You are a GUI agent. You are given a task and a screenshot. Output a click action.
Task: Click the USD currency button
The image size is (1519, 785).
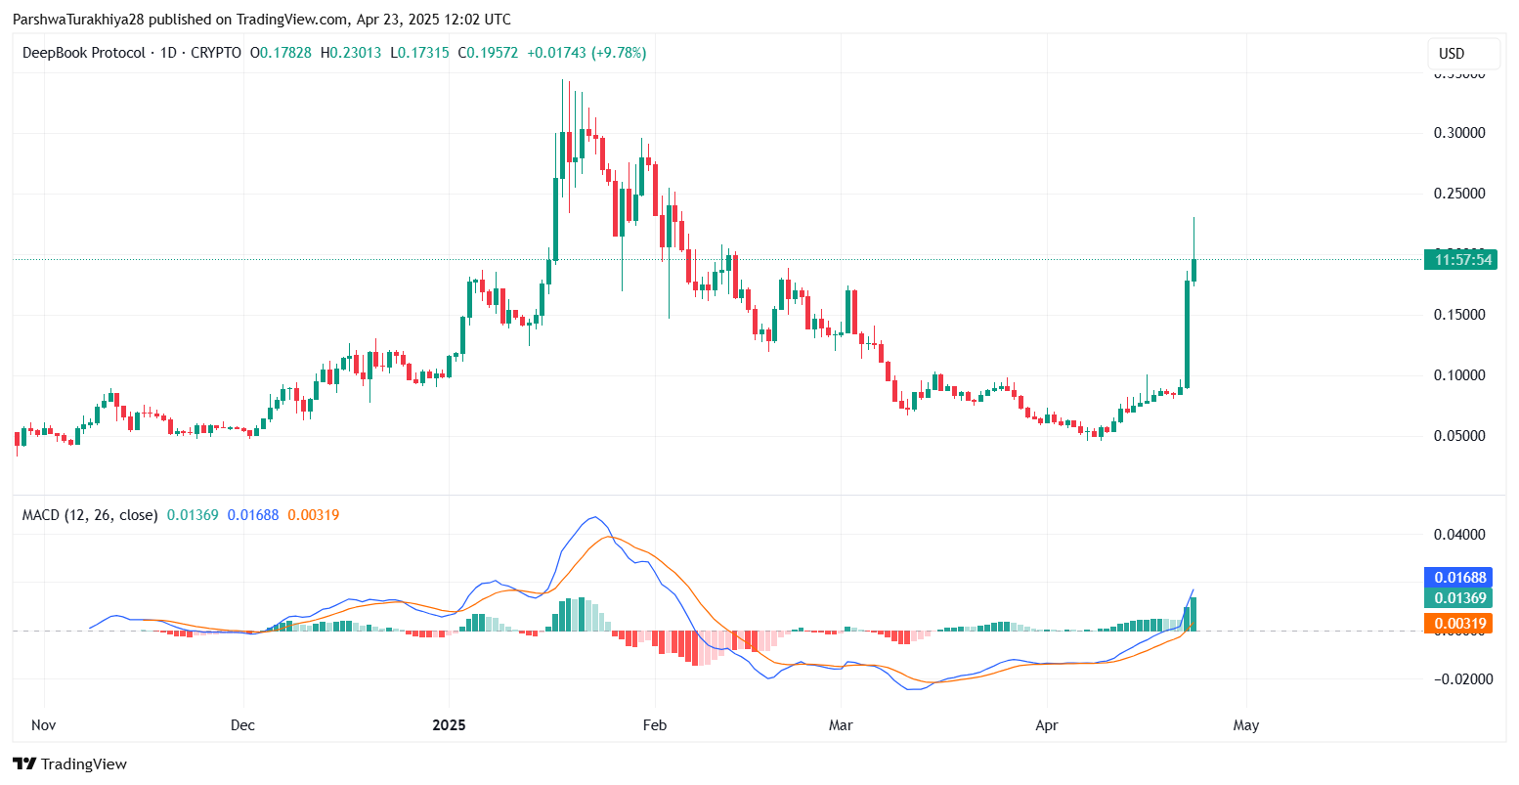coord(1463,53)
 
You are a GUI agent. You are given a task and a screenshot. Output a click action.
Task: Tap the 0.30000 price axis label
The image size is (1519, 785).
coord(1459,133)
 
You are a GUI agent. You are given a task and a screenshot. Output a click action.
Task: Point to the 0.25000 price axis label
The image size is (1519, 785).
coord(1459,194)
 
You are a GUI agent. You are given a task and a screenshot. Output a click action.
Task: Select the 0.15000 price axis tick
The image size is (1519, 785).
coord(1459,315)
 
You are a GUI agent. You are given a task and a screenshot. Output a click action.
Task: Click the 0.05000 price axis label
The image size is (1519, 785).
coord(1459,436)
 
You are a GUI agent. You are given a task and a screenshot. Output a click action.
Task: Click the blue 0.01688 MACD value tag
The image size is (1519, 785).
coord(1460,578)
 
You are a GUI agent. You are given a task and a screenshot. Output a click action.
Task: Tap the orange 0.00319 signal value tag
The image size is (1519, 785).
coord(1460,624)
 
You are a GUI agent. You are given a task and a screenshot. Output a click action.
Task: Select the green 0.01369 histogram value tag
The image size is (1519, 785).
coord(1460,598)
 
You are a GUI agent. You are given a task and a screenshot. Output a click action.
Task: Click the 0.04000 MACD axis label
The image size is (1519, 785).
coord(1459,535)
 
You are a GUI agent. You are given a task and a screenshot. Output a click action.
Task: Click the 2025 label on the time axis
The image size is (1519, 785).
coord(449,725)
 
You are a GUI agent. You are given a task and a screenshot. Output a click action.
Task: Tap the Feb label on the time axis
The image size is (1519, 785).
coord(654,725)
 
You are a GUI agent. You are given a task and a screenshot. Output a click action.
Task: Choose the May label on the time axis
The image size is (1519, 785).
coord(1246,725)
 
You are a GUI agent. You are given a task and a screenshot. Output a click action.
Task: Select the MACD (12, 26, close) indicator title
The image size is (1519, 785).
coord(90,514)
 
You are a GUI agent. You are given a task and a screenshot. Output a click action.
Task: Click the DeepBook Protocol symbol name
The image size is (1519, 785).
coord(83,53)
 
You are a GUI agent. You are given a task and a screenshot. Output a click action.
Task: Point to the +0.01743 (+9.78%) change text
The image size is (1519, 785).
coord(586,53)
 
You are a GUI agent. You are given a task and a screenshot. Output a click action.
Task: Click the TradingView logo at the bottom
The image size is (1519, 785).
coord(69,763)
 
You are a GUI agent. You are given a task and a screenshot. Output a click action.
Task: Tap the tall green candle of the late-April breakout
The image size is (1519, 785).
coord(1187,332)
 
